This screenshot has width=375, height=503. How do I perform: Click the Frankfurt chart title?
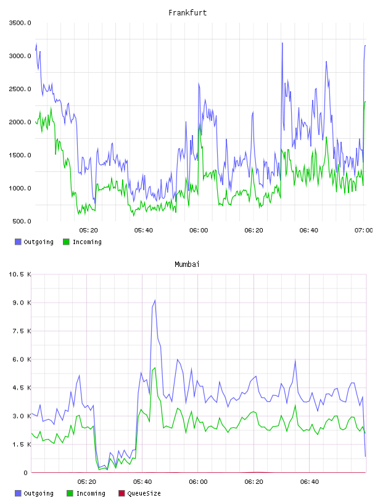[x=187, y=13]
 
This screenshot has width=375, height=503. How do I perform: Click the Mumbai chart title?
[x=187, y=264]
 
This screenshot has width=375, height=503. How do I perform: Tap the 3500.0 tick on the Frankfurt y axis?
[x=20, y=23]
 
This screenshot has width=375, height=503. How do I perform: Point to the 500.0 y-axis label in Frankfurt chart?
[x=22, y=221]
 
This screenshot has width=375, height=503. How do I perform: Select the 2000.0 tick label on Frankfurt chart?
[x=20, y=122]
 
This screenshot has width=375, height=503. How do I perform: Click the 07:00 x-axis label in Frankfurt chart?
[x=363, y=231]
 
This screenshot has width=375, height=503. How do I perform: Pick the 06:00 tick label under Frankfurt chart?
[x=199, y=231]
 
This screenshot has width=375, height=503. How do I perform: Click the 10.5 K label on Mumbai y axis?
[x=20, y=274]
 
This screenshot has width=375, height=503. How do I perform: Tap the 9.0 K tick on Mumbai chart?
[x=22, y=303]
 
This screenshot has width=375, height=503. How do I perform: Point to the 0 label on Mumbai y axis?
[x=26, y=473]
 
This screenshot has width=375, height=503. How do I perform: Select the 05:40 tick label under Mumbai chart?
[x=142, y=482]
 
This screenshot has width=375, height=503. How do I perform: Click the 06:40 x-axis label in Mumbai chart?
[x=310, y=482]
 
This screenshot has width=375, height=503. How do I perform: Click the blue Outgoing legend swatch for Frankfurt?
[x=18, y=242]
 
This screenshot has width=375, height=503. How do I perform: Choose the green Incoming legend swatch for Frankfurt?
[x=66, y=242]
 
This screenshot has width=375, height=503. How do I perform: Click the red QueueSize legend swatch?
[x=122, y=493]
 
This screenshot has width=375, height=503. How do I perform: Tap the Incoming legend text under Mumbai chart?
[x=91, y=494]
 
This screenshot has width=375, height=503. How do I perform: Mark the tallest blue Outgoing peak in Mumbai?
[x=155, y=300]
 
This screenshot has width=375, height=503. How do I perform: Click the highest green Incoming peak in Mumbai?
[x=155, y=368]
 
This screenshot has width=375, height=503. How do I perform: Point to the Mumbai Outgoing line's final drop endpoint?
[x=365, y=456]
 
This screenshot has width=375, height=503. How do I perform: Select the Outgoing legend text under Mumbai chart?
[x=38, y=494]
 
